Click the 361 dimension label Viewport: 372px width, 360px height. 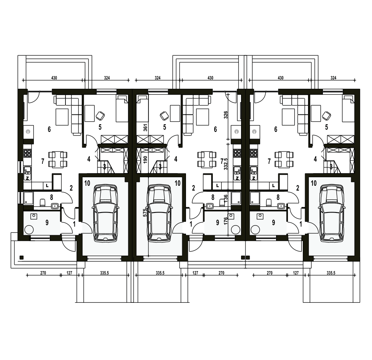145,127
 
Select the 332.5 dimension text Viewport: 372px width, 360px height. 226,164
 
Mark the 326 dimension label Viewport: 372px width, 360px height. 226,115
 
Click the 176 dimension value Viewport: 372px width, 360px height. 226,221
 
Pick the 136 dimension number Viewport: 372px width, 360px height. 226,198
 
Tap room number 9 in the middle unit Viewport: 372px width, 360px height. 218,223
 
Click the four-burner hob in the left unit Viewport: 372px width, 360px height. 27,153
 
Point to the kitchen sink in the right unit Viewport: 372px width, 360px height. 254,169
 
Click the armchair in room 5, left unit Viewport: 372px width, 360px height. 100,116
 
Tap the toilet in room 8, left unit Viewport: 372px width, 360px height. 43,202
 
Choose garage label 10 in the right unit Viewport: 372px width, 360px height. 314,183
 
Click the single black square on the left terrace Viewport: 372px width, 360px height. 21,257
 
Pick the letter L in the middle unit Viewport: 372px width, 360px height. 217,185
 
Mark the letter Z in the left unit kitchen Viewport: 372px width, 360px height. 27,178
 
